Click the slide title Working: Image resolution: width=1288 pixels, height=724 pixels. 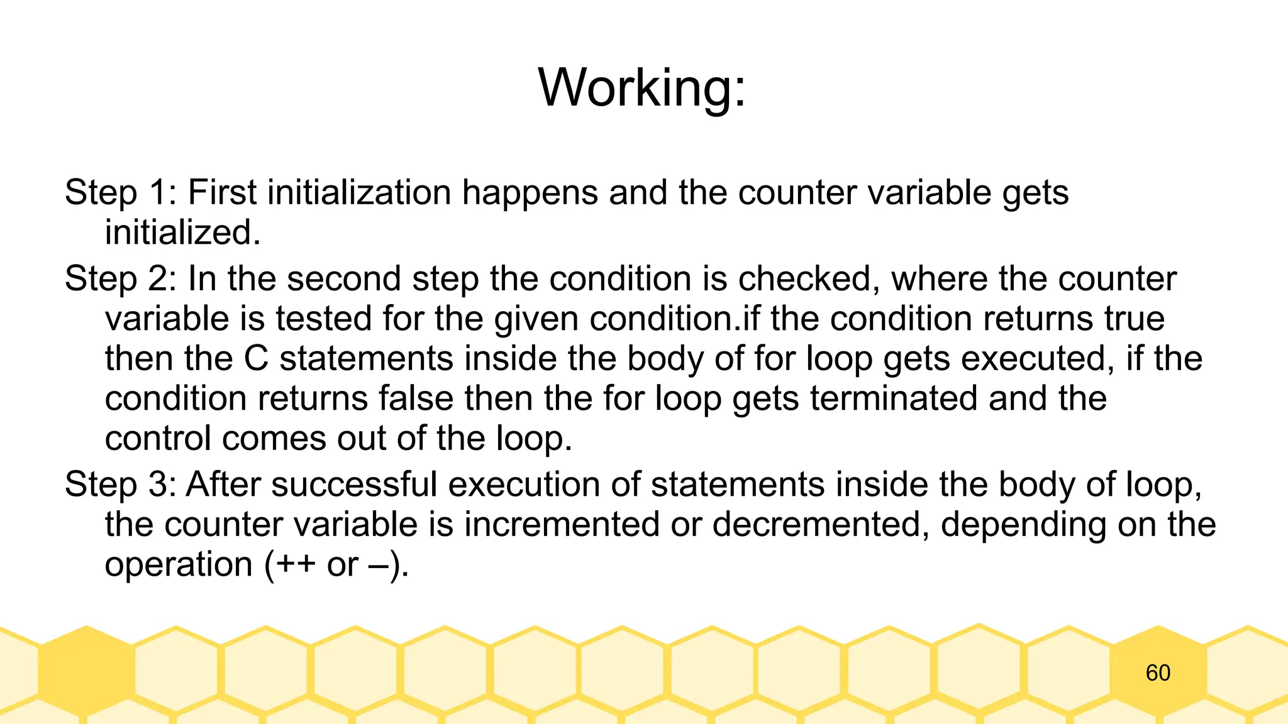642,88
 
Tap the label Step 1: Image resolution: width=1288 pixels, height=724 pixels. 120,192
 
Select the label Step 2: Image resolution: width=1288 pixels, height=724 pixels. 120,278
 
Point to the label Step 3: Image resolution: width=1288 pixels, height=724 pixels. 120,485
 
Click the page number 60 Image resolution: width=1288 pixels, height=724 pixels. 1158,673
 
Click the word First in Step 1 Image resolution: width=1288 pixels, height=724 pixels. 222,192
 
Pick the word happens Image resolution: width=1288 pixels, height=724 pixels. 530,194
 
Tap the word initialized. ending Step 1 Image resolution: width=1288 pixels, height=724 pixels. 182,233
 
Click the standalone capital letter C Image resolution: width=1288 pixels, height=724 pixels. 256,359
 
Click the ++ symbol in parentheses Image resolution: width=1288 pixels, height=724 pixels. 295,564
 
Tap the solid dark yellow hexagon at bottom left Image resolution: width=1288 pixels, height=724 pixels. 86,671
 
